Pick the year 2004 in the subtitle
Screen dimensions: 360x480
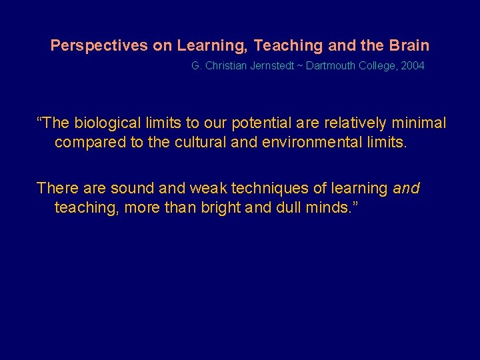(x=411, y=66)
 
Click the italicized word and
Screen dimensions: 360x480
(x=406, y=189)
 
